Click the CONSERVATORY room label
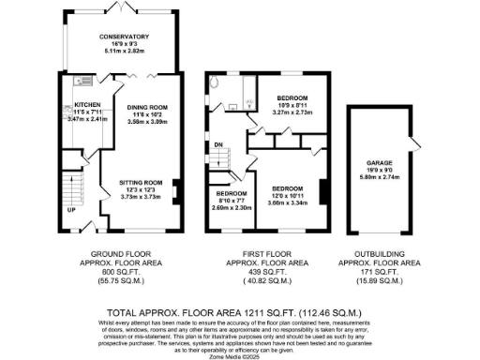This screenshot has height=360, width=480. point(125,37)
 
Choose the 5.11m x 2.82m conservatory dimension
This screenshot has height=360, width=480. point(125,52)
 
